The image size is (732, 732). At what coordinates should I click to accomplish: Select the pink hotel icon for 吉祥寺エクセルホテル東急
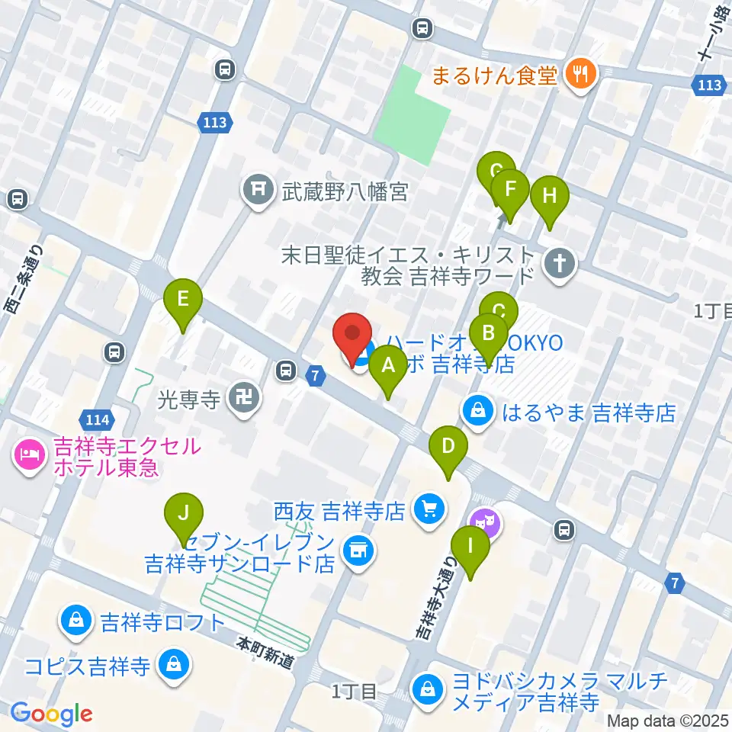pos(29,457)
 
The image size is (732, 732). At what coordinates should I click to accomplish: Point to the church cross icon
pos(560,265)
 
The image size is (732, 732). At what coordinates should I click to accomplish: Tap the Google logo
pos(51,714)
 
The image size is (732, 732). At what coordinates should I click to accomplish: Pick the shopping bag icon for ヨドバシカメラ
pos(428,691)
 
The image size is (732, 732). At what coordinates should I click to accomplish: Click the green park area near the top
pos(412,111)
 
